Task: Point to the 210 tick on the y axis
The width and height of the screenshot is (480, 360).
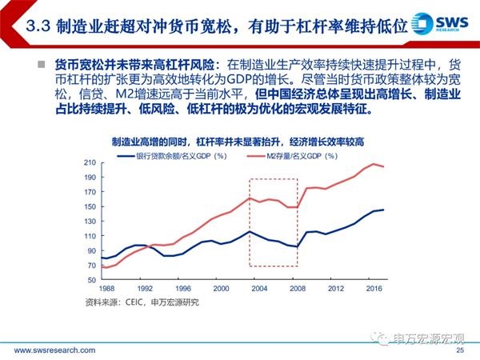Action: point(90,162)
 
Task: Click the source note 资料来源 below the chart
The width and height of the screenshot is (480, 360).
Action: point(142,302)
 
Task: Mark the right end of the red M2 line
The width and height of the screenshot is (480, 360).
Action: point(383,166)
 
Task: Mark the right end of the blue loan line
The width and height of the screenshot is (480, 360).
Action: point(383,210)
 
